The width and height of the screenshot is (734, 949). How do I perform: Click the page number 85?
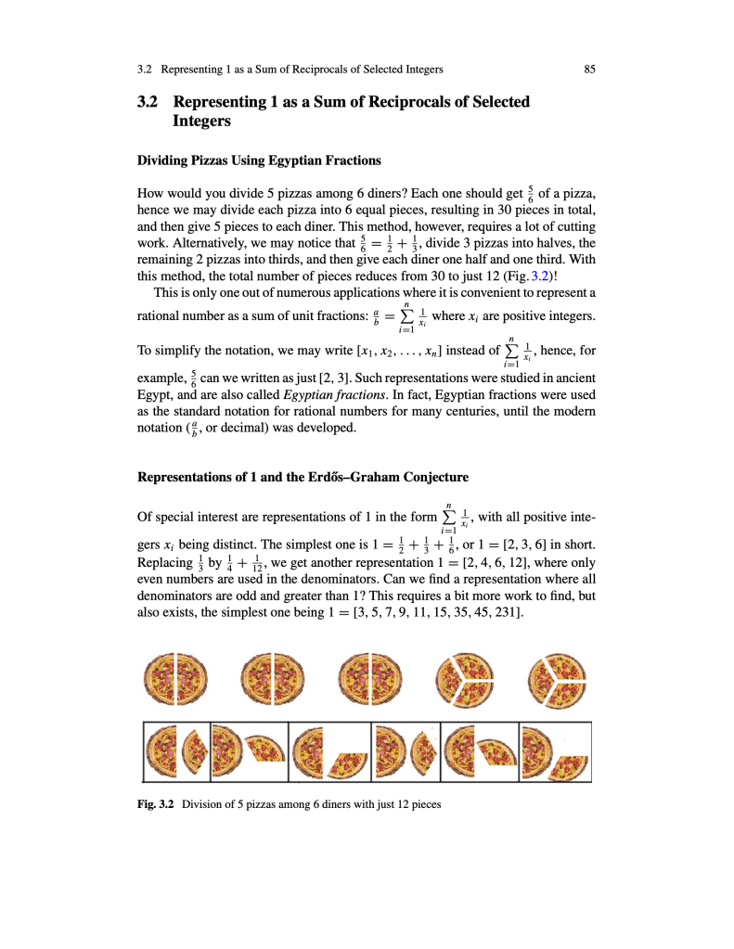pos(589,69)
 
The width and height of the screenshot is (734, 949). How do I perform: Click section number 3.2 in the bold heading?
pos(148,102)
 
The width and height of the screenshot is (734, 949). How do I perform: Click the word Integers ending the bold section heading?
pos(201,122)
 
